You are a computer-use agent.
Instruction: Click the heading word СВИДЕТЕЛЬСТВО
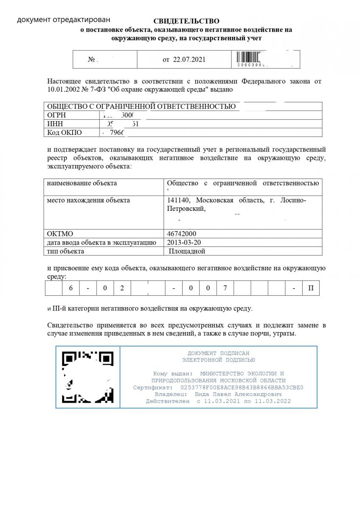click(x=186, y=21)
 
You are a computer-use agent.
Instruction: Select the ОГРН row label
click(x=56, y=115)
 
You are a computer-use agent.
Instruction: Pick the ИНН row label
click(x=55, y=124)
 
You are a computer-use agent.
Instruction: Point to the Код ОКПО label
click(x=65, y=132)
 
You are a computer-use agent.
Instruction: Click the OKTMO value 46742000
click(x=182, y=234)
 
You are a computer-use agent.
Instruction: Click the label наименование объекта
click(x=82, y=183)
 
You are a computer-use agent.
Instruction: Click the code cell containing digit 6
click(x=71, y=288)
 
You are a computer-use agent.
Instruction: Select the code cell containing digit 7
click(x=225, y=288)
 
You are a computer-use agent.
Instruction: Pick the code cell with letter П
click(x=311, y=288)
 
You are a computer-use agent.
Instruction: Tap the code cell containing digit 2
click(x=122, y=288)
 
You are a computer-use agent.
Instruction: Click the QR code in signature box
click(x=88, y=377)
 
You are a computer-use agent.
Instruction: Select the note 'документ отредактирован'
click(x=63, y=20)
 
